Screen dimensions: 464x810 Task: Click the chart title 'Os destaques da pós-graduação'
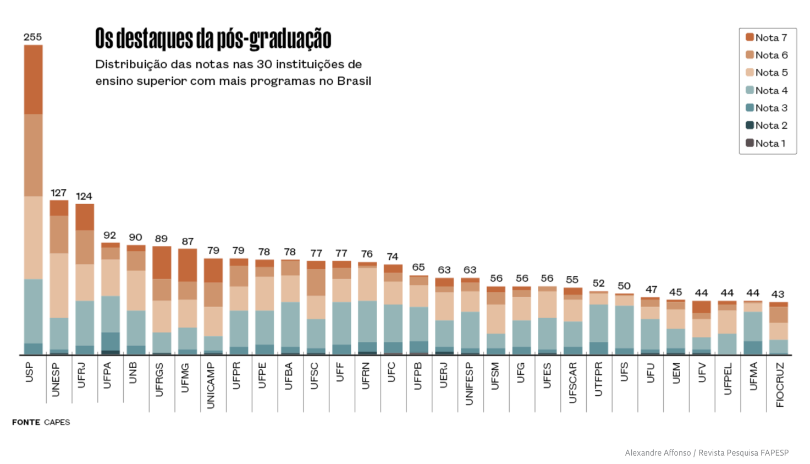(x=213, y=39)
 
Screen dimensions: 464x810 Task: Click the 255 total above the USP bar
(x=33, y=37)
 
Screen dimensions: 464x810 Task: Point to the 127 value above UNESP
(x=58, y=193)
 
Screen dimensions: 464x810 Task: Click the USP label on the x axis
(x=30, y=372)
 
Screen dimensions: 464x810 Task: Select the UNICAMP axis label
(x=211, y=385)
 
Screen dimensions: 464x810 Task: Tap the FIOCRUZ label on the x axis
(x=780, y=385)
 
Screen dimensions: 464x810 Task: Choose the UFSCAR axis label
(x=572, y=383)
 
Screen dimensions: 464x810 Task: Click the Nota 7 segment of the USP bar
(x=34, y=79)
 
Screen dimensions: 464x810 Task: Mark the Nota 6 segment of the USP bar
(x=34, y=155)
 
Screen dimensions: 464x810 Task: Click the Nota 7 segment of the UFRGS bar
(x=162, y=262)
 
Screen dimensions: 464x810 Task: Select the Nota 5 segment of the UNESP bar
(x=59, y=285)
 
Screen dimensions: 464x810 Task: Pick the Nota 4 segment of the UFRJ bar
(x=85, y=323)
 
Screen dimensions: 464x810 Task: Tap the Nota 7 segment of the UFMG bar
(x=188, y=265)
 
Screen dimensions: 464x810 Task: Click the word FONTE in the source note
(x=26, y=422)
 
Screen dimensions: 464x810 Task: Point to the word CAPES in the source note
(x=57, y=422)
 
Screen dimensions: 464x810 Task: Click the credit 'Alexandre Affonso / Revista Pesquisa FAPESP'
(x=706, y=452)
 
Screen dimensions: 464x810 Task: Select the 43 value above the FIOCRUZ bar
(x=778, y=294)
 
